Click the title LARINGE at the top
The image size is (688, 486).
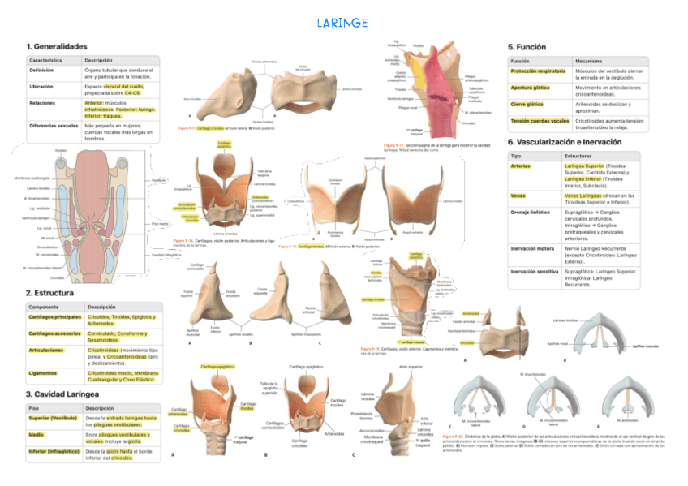[x=343, y=22]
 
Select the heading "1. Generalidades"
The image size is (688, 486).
[x=56, y=46]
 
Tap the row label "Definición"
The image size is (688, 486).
[x=41, y=71]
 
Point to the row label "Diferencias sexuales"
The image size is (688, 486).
[x=54, y=126]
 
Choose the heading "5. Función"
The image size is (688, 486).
[x=527, y=47]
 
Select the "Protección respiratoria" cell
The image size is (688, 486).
[x=538, y=71]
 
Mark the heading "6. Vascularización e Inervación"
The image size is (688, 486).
[x=564, y=142]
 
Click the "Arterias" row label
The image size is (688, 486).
[x=521, y=165]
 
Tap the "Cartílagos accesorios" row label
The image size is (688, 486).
[x=55, y=333]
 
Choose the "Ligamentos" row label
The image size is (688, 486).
[x=43, y=372]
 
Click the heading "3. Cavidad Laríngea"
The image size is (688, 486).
[x=62, y=394]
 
